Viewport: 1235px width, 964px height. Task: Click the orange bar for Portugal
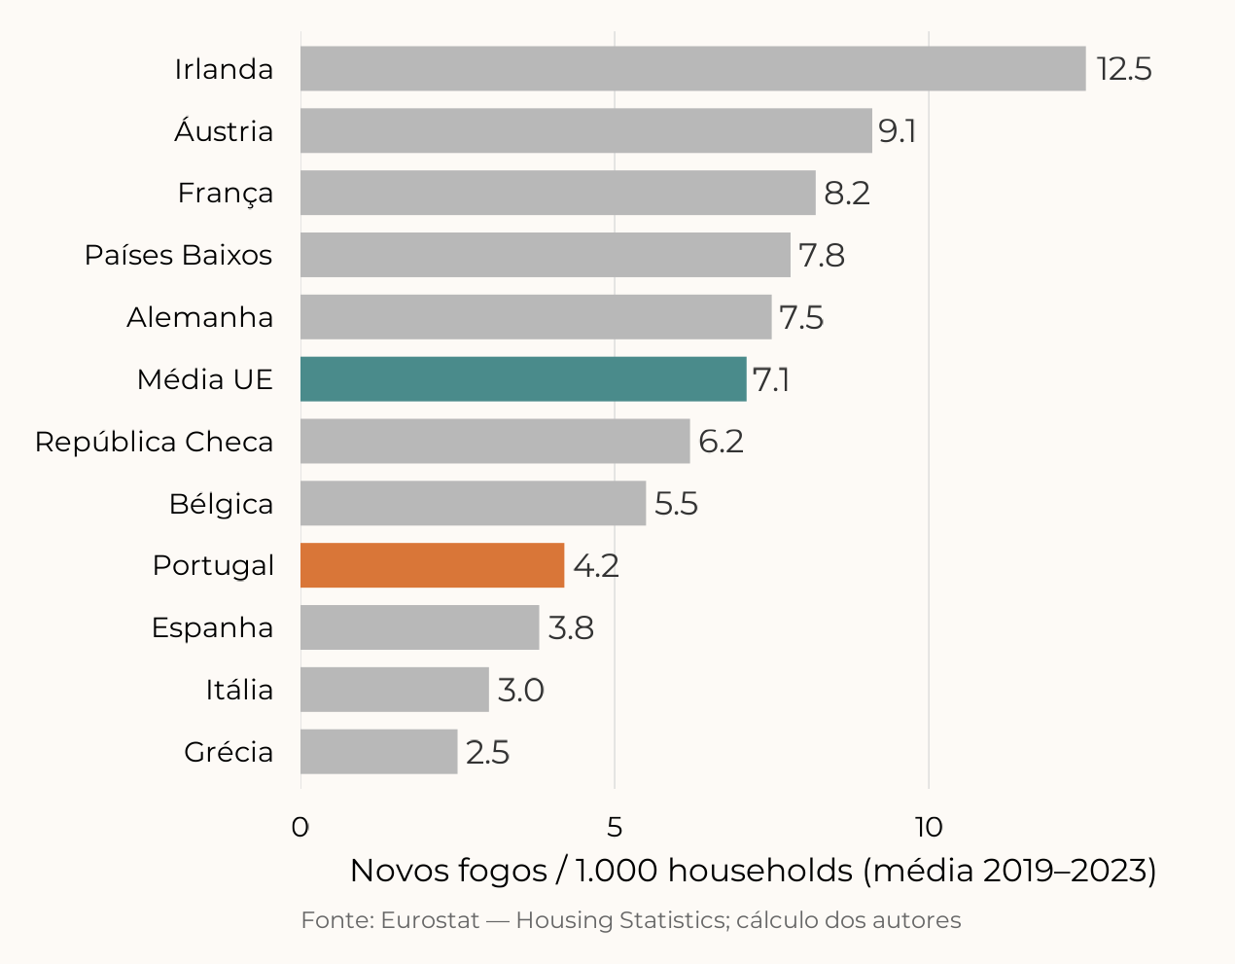(432, 565)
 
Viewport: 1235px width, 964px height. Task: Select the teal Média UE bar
(523, 379)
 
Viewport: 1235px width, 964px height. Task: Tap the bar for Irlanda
(692, 69)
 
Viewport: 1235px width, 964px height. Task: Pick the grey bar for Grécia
(378, 752)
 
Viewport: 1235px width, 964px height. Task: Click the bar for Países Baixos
(545, 255)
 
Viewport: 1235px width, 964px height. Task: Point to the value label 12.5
(1124, 69)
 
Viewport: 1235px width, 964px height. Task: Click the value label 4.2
(595, 565)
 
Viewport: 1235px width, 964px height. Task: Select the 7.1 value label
(770, 379)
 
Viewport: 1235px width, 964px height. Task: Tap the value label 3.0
(520, 690)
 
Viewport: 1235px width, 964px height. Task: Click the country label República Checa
(154, 442)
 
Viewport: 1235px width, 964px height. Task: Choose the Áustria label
(224, 131)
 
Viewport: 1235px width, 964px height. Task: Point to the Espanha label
(212, 627)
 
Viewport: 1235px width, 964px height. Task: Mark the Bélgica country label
(221, 504)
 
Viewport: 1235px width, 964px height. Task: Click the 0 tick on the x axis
(300, 827)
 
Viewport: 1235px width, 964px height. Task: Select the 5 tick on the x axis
(615, 827)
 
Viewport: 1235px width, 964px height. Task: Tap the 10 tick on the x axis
(929, 827)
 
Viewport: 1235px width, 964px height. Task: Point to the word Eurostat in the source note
(430, 920)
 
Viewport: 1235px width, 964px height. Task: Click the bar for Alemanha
(536, 317)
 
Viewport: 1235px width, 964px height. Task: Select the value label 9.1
(897, 131)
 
